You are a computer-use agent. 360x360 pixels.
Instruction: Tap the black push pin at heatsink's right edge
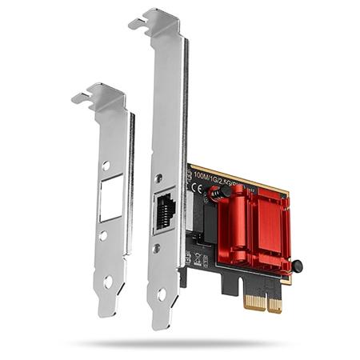[x=297, y=266]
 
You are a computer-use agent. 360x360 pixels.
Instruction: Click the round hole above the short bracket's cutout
[x=106, y=166]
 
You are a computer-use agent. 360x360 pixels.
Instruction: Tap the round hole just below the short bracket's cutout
[x=105, y=236]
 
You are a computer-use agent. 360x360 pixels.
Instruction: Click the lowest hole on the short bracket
[x=108, y=281]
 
